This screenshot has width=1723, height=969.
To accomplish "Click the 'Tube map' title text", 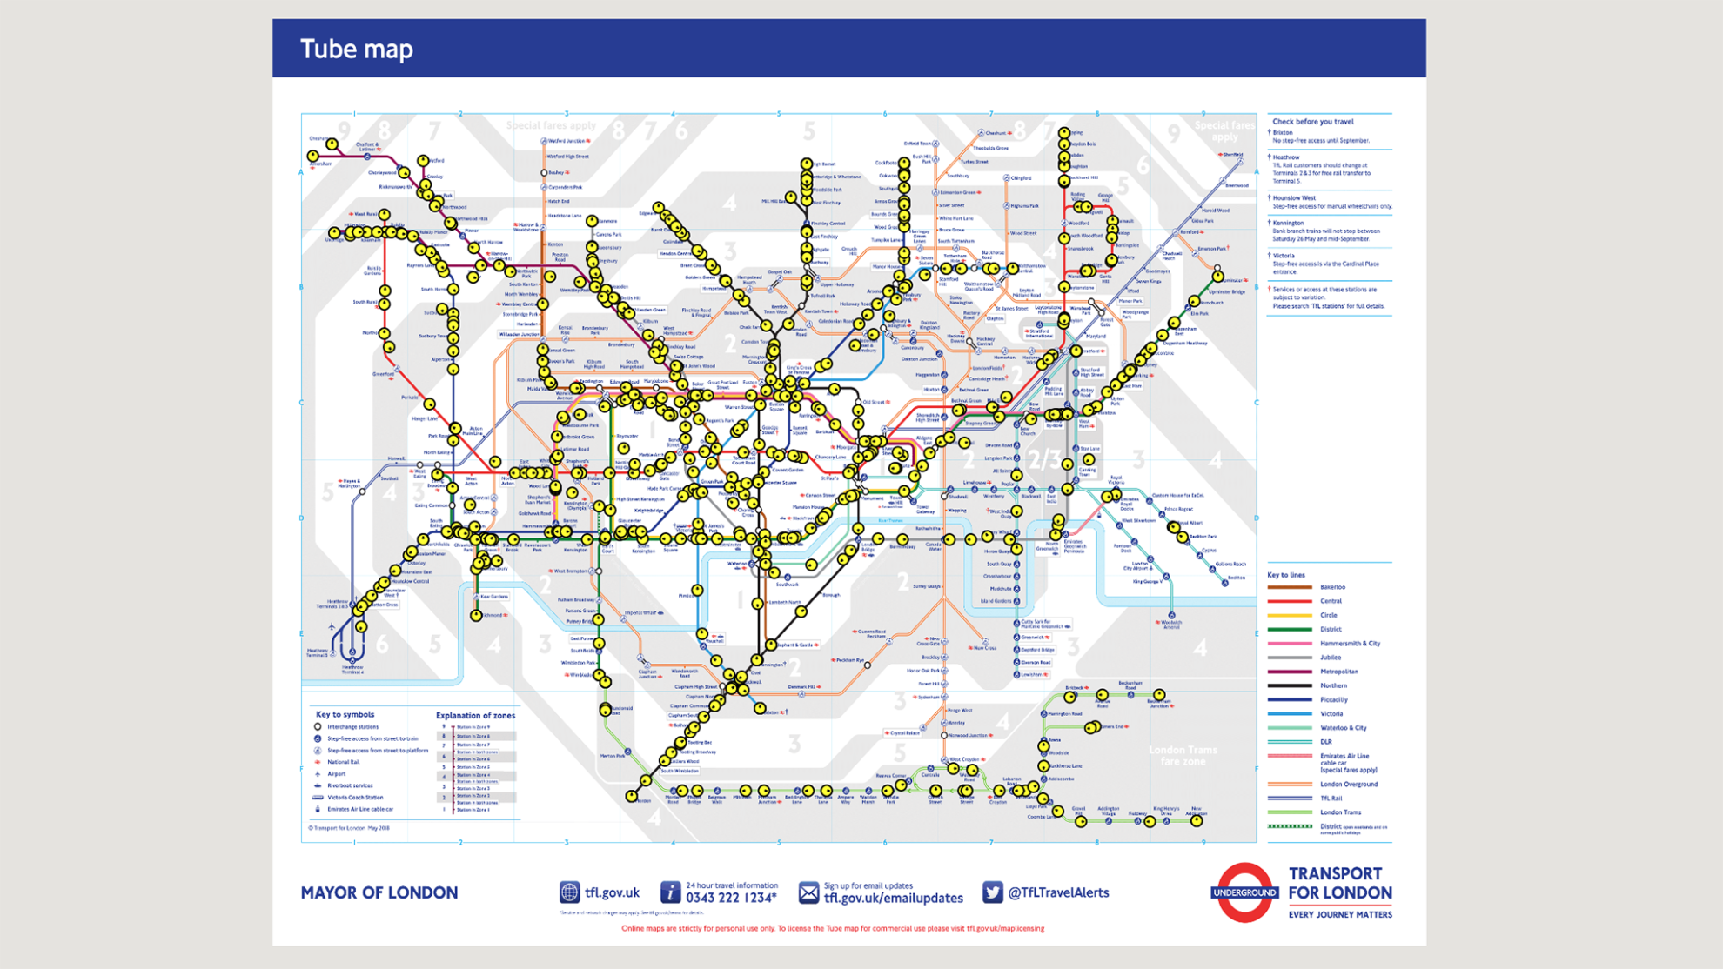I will (x=356, y=49).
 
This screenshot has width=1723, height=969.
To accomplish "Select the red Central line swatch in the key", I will (x=1290, y=601).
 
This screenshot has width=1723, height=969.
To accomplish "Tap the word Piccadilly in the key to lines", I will (x=1333, y=699).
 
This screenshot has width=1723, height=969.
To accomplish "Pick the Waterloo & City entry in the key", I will (x=1343, y=728).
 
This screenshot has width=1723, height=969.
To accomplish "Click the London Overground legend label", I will (x=1348, y=785).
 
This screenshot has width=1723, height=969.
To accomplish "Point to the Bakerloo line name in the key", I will (x=1332, y=587).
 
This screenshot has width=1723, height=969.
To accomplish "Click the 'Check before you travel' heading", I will (x=1312, y=122).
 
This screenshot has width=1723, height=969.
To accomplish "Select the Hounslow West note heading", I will (x=1294, y=198).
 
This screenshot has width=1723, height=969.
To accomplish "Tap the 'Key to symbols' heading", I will (x=345, y=715).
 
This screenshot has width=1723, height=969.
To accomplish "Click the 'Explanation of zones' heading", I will (x=475, y=716).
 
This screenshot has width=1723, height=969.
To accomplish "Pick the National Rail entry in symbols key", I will (x=343, y=762).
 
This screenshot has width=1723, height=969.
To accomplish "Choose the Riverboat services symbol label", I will (x=350, y=785).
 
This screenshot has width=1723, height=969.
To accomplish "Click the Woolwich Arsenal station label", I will (x=1170, y=624).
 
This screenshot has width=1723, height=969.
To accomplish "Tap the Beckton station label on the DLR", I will (x=1236, y=578).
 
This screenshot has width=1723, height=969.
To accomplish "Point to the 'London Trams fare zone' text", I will (x=1182, y=755).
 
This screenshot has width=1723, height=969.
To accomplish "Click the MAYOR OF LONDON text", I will (x=379, y=892).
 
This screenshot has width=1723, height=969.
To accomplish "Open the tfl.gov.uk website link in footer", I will (x=612, y=892).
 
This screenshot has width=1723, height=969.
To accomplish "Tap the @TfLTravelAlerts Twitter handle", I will (x=1057, y=892).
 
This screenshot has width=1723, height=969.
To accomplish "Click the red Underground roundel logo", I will (x=1244, y=892).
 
